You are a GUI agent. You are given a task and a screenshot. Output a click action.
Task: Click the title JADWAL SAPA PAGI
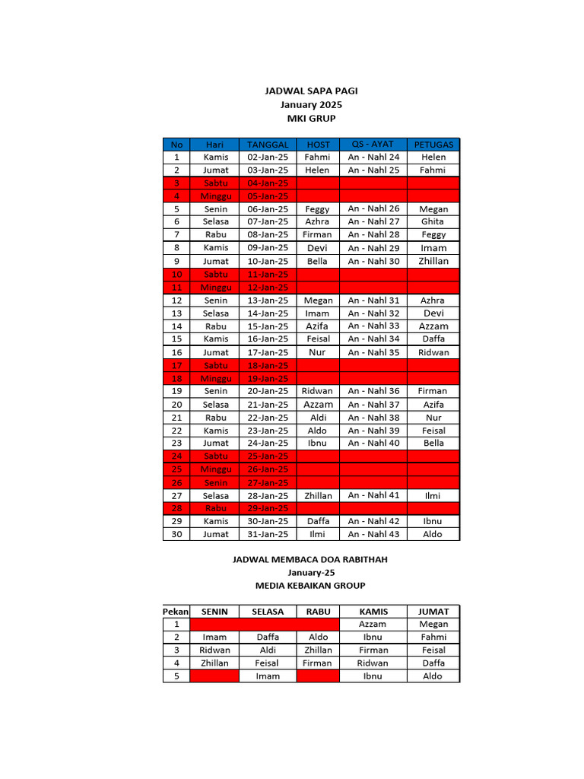click(x=310, y=91)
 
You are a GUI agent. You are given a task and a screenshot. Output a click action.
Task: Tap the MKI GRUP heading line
click(x=310, y=118)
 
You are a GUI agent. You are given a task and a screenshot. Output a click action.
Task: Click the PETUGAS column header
click(x=433, y=144)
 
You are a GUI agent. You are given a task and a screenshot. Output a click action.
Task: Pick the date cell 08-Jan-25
click(x=268, y=235)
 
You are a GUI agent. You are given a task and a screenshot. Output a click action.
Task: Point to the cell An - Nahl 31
click(x=373, y=300)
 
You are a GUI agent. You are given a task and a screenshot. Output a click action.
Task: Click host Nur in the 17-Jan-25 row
click(x=317, y=352)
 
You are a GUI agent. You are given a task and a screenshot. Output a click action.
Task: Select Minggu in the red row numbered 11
click(x=215, y=288)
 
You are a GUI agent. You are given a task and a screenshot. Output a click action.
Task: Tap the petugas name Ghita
click(x=433, y=221)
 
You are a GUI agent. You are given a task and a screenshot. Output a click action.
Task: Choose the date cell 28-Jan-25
click(x=268, y=495)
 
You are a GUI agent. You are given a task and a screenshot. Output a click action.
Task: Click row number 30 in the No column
click(x=176, y=534)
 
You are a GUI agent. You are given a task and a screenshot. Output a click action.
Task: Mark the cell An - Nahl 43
click(x=373, y=534)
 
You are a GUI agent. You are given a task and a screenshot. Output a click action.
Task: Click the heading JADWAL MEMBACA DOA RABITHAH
click(x=310, y=559)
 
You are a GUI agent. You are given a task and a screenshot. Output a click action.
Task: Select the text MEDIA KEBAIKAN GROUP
click(x=310, y=585)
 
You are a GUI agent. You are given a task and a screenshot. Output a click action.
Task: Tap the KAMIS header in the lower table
click(x=373, y=612)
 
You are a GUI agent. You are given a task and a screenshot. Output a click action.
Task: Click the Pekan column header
click(x=176, y=612)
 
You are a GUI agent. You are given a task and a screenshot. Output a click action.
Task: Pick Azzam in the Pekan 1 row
click(x=373, y=624)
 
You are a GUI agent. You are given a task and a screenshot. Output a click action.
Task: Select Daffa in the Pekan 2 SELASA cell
click(x=268, y=637)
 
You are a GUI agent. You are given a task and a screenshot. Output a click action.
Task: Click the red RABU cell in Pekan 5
click(x=318, y=676)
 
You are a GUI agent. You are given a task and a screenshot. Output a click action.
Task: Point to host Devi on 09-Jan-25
click(x=317, y=248)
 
